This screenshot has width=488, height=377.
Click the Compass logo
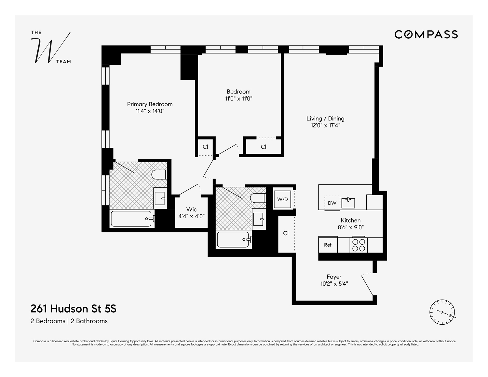[426, 34]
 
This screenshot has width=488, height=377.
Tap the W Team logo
[50, 47]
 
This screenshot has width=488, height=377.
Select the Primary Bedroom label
[150, 104]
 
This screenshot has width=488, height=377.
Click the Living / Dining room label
[325, 119]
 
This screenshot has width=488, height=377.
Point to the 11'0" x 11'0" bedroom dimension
[239, 99]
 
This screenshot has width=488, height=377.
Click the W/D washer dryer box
[282, 199]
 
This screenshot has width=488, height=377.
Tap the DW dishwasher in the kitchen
[332, 203]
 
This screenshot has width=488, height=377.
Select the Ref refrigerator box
[328, 245]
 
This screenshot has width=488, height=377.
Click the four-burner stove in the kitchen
[359, 245]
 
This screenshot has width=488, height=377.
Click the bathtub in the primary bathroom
[131, 219]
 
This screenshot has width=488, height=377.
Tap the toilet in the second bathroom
[258, 198]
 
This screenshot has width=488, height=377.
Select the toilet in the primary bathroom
[159, 174]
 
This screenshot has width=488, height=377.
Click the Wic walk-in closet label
[191, 209]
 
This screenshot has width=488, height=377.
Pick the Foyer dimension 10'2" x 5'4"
[334, 284]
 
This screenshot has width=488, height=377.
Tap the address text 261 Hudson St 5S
[73, 308]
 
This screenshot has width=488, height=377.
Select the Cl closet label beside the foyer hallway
[286, 233]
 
